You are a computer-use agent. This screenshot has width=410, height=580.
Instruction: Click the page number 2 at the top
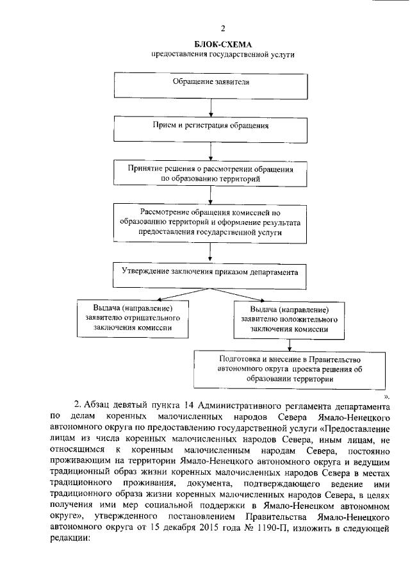click(222, 28)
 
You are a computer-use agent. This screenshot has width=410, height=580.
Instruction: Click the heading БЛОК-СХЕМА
click(222, 44)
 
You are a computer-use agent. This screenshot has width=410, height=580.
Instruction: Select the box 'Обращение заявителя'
click(211, 83)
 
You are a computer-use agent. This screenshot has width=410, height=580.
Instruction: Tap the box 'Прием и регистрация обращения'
click(211, 126)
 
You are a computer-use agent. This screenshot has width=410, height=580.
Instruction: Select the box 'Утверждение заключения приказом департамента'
click(211, 272)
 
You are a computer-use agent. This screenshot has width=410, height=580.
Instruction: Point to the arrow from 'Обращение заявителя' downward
click(211, 106)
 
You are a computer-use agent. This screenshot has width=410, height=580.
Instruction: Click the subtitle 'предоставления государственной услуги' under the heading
click(222, 55)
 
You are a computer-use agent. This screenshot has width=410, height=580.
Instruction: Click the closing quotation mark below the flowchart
click(386, 397)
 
